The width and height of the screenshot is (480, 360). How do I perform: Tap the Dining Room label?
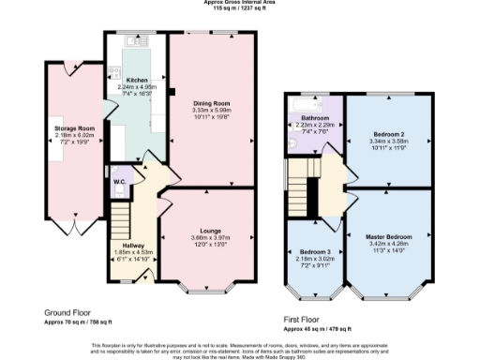click(x=212, y=103)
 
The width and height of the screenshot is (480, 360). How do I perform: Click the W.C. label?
click(x=119, y=180)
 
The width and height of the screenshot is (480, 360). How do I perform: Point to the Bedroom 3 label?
click(x=315, y=253)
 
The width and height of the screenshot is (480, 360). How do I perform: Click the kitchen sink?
click(x=138, y=42)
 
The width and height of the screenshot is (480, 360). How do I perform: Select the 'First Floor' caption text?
click(x=304, y=320)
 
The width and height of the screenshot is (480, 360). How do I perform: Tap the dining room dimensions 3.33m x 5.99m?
click(x=212, y=111)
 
